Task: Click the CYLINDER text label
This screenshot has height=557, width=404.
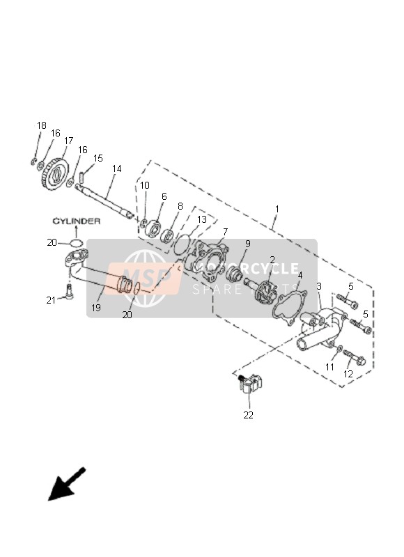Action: click(77, 221)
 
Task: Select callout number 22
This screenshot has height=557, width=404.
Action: click(248, 415)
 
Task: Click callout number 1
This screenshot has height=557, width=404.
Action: click(277, 208)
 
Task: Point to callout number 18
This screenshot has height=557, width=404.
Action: click(42, 125)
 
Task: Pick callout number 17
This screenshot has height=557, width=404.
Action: click(68, 141)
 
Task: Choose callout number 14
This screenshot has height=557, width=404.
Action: click(116, 168)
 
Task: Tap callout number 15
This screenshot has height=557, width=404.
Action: click(98, 159)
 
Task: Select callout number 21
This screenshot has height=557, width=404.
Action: click(51, 300)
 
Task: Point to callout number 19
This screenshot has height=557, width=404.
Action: click(96, 307)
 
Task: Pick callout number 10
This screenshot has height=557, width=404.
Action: click(144, 185)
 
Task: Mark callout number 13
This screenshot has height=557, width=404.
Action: click(201, 219)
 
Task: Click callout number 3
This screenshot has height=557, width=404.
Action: click(319, 286)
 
